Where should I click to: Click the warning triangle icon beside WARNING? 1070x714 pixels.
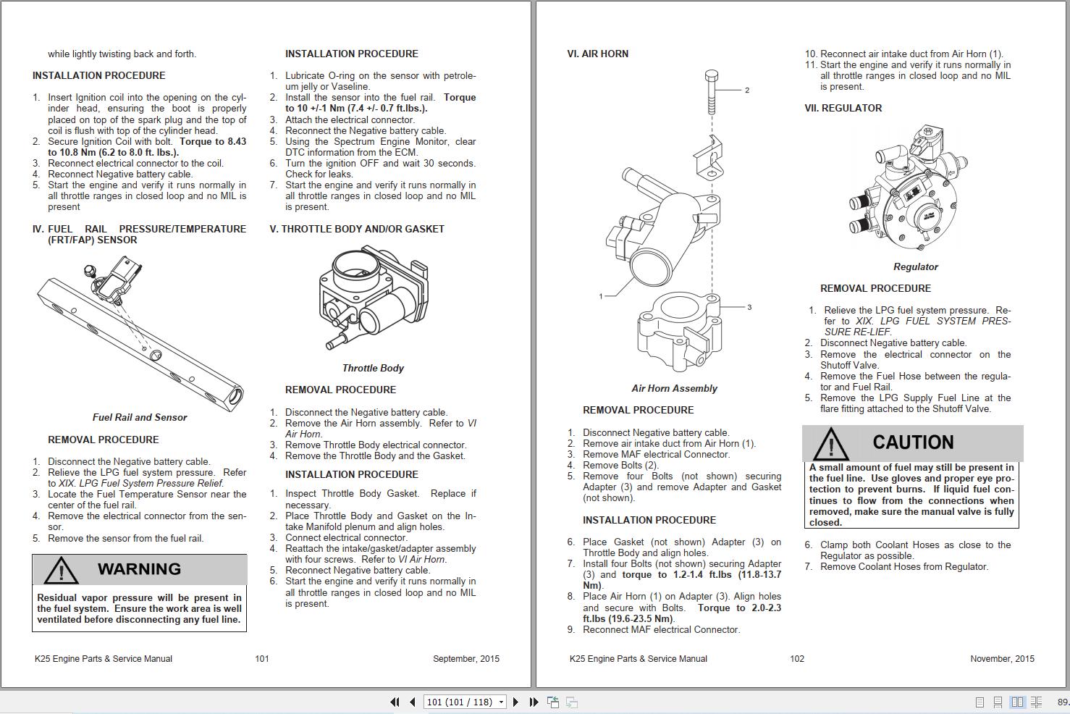point(61,570)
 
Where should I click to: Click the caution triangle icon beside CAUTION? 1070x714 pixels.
point(830,444)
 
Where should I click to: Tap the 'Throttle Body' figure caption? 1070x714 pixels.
point(373,368)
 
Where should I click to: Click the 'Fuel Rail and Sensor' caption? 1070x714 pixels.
point(140,417)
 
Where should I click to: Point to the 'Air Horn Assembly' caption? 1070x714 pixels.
point(674,388)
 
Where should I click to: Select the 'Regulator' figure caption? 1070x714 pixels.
point(915,266)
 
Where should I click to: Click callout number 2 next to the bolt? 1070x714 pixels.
point(746,91)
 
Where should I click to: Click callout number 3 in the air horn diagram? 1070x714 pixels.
point(749,307)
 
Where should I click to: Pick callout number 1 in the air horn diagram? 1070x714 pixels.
point(600,296)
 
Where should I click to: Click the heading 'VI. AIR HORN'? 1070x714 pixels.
point(597,54)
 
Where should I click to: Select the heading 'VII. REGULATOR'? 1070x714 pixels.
point(843,108)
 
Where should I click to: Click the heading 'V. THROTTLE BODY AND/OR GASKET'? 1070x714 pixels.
point(357,229)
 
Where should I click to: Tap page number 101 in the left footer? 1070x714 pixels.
point(262,659)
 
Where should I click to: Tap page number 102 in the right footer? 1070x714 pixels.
point(797,659)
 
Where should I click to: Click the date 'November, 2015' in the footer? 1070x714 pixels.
point(1002,659)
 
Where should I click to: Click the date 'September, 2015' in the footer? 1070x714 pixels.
point(466,659)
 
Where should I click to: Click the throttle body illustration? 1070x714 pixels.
point(372,297)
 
